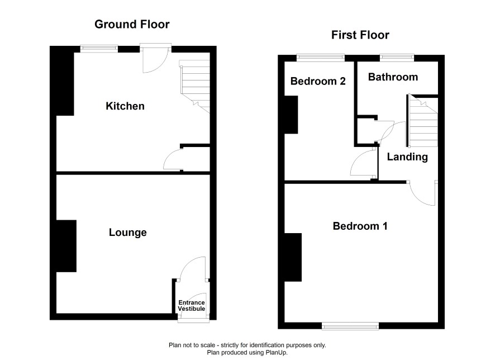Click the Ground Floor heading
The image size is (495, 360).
click(132, 24)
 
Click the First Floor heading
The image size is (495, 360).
click(360, 35)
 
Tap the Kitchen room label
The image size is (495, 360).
click(125, 106)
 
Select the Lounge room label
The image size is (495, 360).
click(128, 233)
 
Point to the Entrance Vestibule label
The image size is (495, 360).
click(192, 306)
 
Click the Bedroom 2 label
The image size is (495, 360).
click(318, 81)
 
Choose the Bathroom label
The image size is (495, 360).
click(393, 77)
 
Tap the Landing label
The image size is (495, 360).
click(407, 157)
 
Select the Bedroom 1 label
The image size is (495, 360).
click(360, 226)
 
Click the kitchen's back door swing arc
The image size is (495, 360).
click(161, 66)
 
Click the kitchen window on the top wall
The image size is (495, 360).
click(99, 49)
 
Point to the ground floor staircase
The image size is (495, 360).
click(195, 86)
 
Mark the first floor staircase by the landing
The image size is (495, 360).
click(422, 121)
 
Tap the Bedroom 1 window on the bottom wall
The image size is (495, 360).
click(350, 326)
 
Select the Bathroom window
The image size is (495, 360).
click(397, 58)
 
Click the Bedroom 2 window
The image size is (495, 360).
click(321, 58)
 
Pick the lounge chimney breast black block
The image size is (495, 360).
click(66, 246)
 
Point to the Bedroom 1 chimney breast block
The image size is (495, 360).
click(293, 257)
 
